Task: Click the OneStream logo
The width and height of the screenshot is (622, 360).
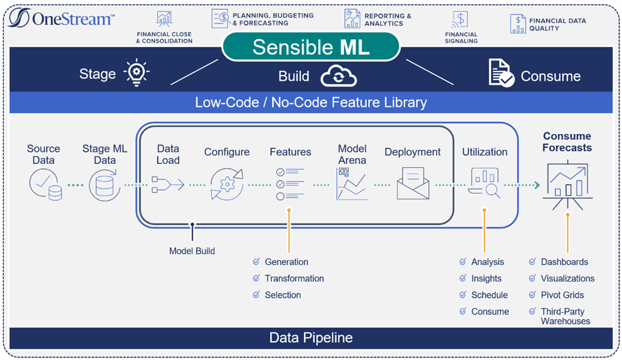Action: click(x=61, y=18)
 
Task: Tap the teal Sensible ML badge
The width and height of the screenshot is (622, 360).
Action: click(x=311, y=47)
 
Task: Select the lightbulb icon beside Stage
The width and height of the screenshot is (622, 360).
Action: click(x=137, y=72)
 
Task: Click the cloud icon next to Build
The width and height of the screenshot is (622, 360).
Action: click(x=339, y=76)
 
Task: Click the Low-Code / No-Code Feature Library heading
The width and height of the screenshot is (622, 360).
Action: click(x=311, y=102)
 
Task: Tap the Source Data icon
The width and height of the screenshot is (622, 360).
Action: click(x=46, y=184)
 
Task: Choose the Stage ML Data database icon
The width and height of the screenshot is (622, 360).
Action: click(x=105, y=185)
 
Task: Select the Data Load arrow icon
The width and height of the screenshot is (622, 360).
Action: click(x=168, y=185)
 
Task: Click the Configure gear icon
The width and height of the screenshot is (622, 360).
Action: click(x=227, y=184)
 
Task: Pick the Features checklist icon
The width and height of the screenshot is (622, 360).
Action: click(x=290, y=184)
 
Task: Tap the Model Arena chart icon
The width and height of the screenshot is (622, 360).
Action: click(x=352, y=184)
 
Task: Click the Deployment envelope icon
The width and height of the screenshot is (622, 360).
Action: click(x=413, y=183)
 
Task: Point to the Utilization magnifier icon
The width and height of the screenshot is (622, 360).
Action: click(x=485, y=183)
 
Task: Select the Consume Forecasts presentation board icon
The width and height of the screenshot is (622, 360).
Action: click(x=568, y=185)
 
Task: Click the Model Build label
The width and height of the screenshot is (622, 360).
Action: click(x=192, y=251)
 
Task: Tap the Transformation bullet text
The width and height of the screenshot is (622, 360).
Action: click(x=294, y=279)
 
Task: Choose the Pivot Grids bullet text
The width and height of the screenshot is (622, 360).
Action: click(x=562, y=295)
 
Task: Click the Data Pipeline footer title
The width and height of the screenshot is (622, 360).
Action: click(x=311, y=338)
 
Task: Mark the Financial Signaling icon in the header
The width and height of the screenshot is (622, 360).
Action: click(x=460, y=20)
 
